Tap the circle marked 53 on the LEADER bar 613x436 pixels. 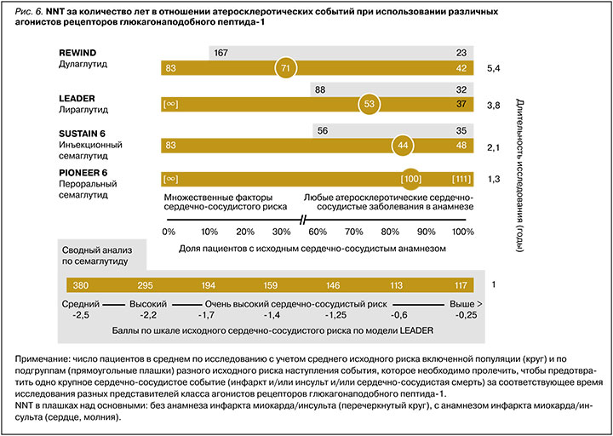[369, 104]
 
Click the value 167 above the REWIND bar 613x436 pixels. [222, 52]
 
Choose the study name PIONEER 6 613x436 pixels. [82, 172]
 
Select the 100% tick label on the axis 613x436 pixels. [463, 232]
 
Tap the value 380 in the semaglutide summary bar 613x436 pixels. [83, 285]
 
